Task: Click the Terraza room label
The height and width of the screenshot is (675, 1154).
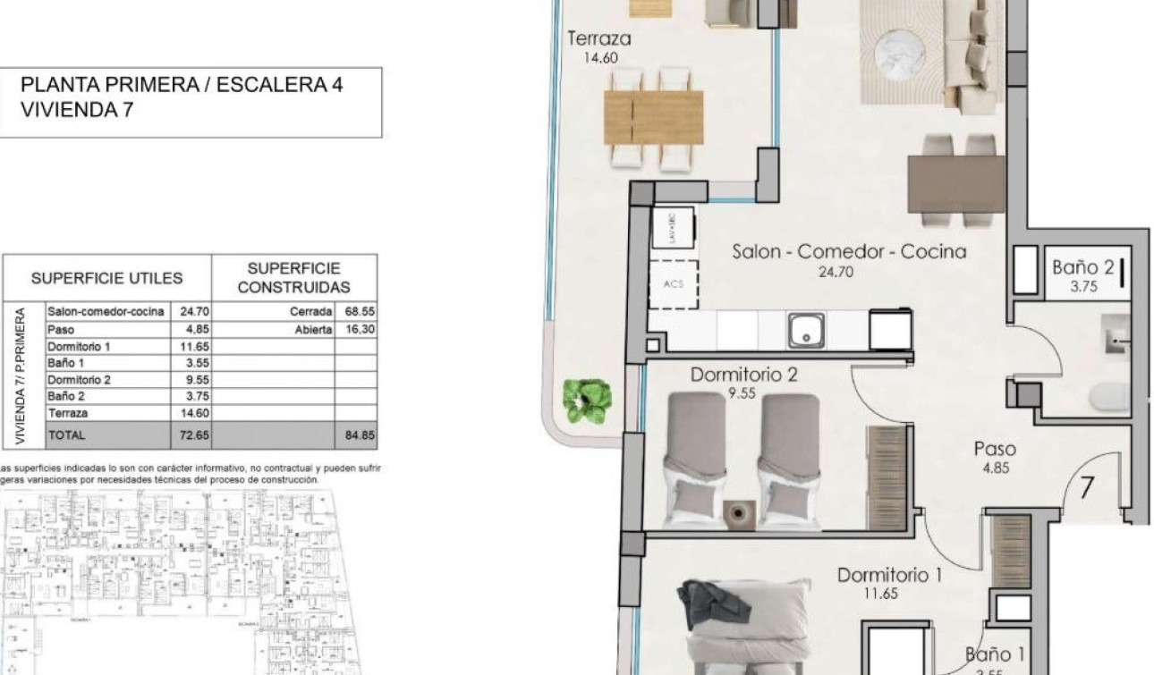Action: pos(599,39)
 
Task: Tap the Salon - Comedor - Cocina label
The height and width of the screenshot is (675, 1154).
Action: pos(849,252)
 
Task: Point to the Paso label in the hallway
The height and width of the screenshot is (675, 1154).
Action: pos(995,450)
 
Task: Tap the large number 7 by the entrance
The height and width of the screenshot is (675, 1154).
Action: pos(1087,489)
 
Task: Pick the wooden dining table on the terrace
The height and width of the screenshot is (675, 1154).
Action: pos(653,117)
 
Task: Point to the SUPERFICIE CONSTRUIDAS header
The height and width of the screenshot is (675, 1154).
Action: pos(293,277)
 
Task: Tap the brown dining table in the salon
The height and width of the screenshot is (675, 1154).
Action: pos(955,183)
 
